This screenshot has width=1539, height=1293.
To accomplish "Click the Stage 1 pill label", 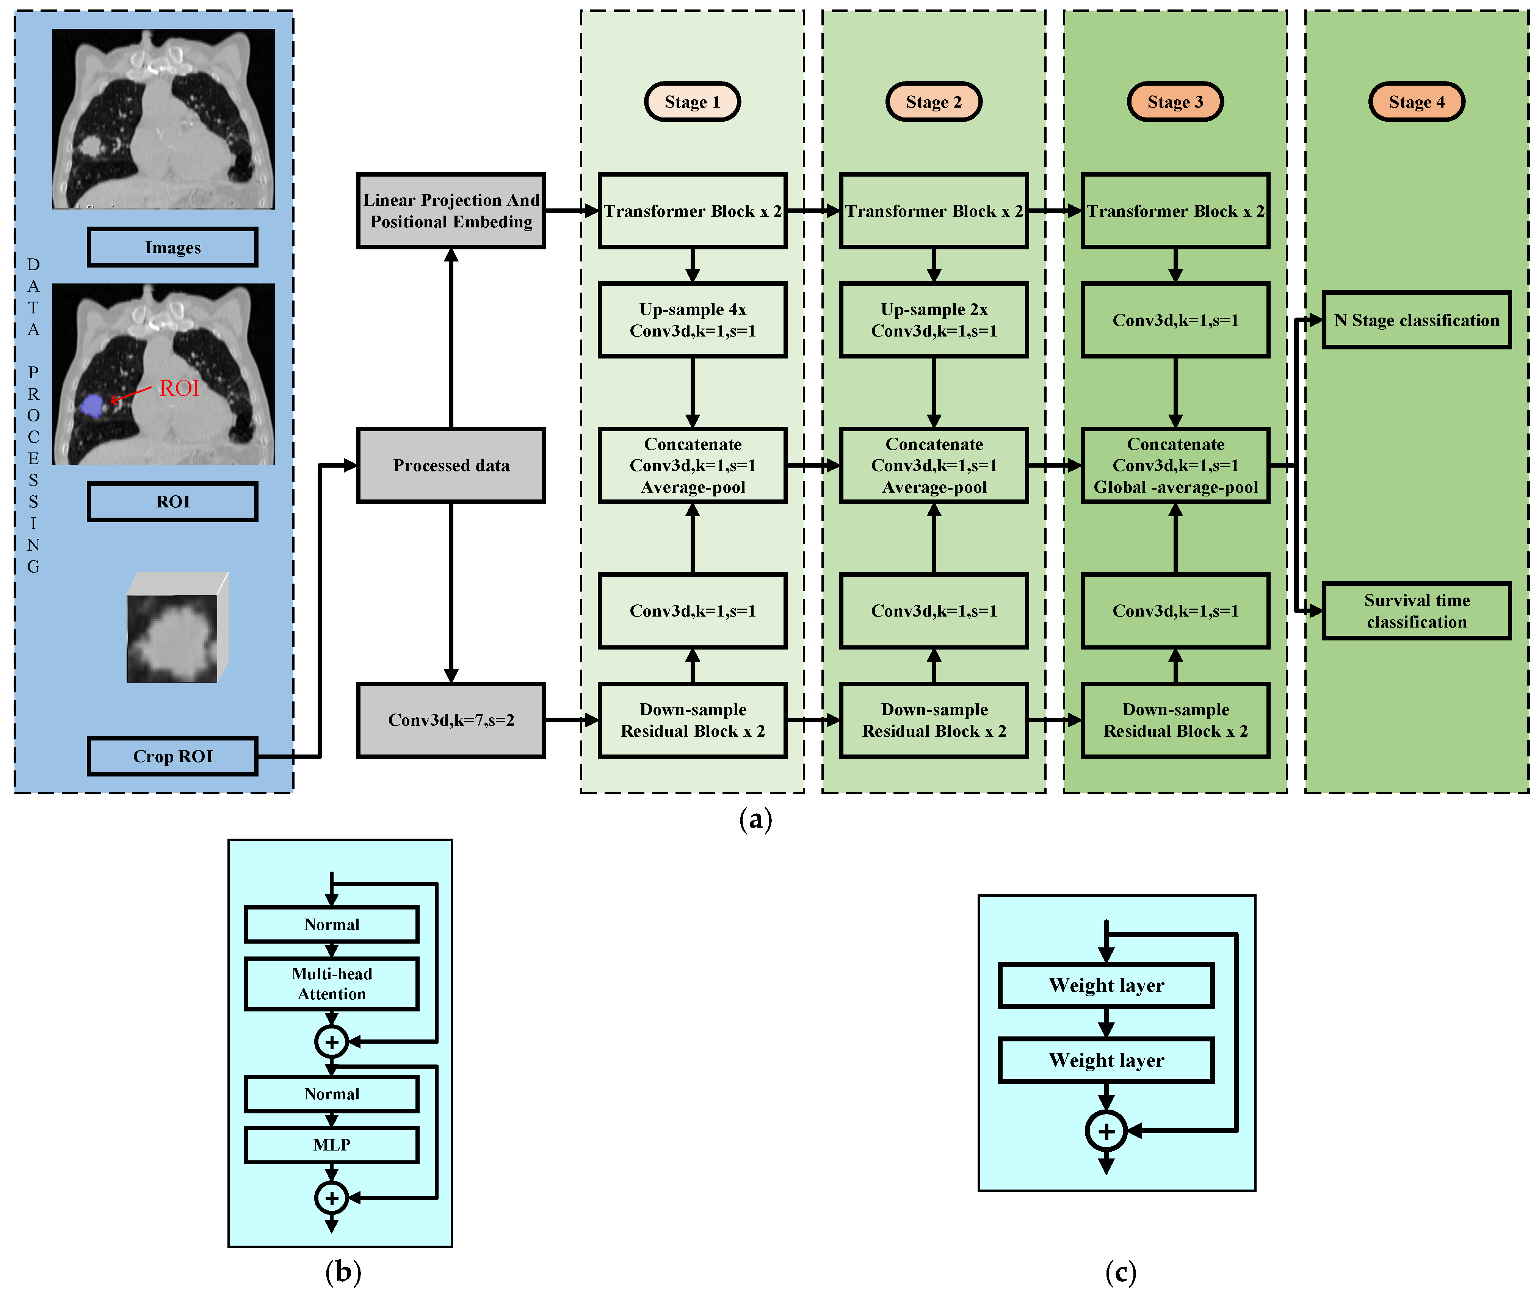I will (x=692, y=102).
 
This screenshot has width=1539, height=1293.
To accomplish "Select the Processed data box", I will (x=451, y=465).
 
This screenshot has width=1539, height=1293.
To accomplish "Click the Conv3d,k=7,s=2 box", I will (x=451, y=720).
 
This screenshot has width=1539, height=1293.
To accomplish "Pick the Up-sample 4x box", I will (x=692, y=320).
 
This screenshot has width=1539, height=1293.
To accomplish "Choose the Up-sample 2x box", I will (x=933, y=320).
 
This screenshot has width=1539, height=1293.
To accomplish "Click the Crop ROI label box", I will (x=172, y=756).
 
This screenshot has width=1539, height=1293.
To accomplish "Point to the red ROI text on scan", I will (x=179, y=388).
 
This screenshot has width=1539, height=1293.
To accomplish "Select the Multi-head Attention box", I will (x=331, y=984).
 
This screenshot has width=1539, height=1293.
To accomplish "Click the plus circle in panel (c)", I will (x=1106, y=1131).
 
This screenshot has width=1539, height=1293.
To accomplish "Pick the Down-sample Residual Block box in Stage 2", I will (x=933, y=720).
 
